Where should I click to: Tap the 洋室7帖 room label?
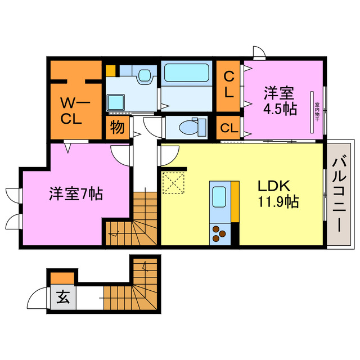(x=75, y=195)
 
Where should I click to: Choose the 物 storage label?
(x=117, y=127)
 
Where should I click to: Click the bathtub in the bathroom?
(x=186, y=74)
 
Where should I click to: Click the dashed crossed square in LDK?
(x=174, y=182)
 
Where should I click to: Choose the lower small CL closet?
(x=229, y=128)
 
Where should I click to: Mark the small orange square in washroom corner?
(x=111, y=71)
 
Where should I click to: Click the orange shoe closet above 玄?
(x=61, y=278)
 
